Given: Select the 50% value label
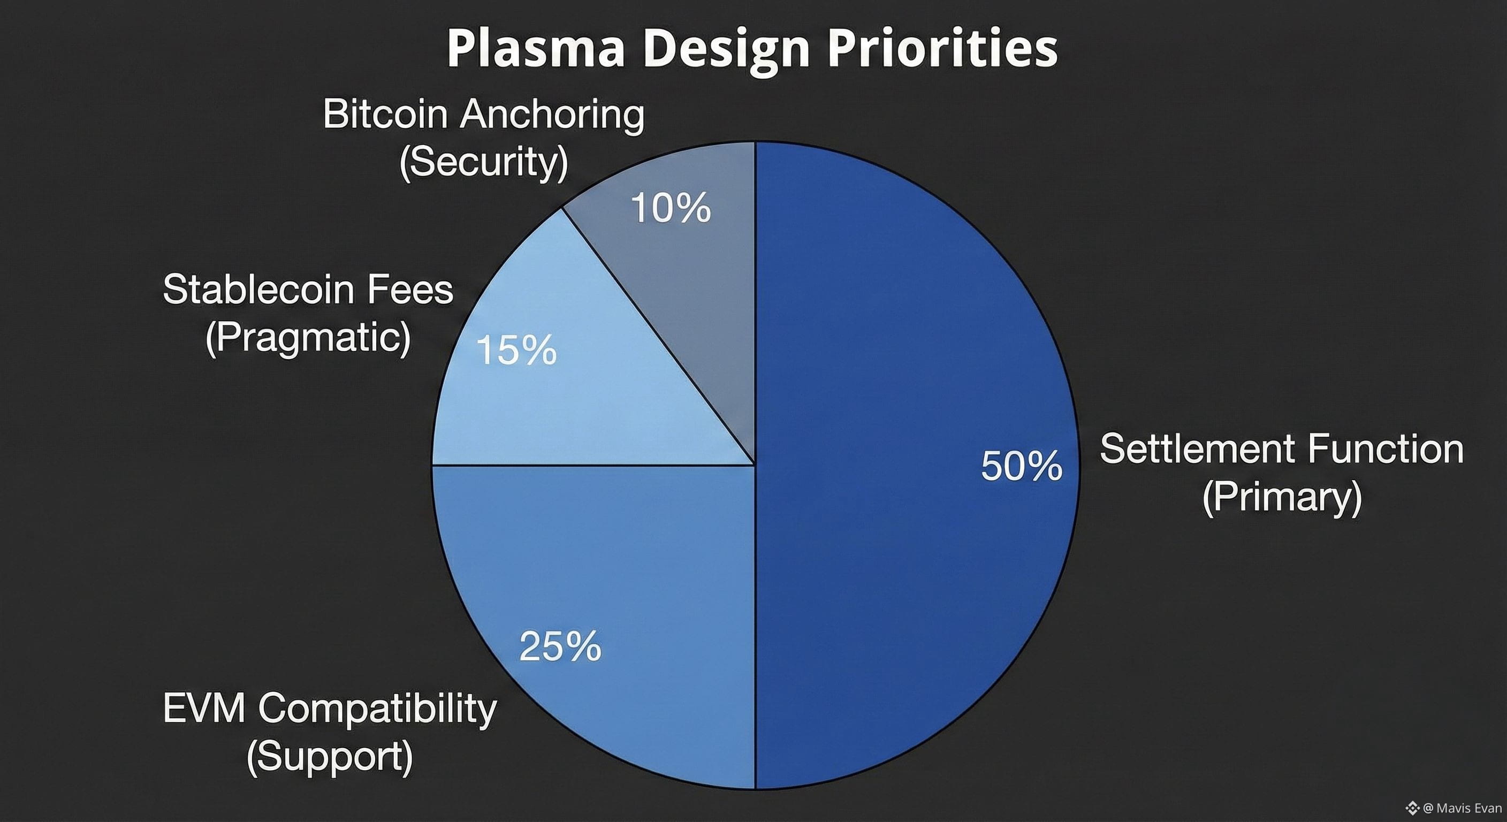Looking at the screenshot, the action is tap(1022, 466).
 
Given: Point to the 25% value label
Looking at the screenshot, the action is tap(560, 646).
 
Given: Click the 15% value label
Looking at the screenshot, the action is tap(516, 351).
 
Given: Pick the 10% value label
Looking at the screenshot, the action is tap(671, 208).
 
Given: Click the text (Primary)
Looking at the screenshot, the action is tap(1282, 497).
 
